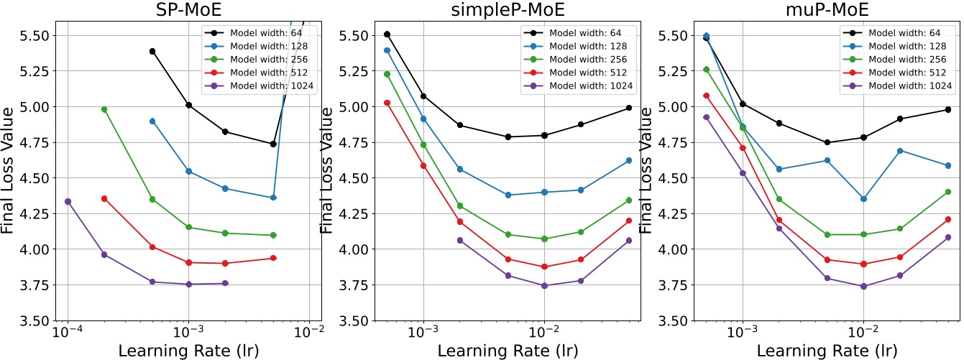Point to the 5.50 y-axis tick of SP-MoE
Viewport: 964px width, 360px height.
pyautogui.click(x=34, y=36)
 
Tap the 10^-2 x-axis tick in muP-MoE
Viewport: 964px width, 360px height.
pyautogui.click(x=863, y=333)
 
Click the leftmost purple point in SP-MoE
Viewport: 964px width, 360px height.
pyautogui.click(x=68, y=201)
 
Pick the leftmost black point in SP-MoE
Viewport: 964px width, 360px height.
pyautogui.click(x=152, y=52)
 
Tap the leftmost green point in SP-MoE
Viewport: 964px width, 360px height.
pyautogui.click(x=104, y=109)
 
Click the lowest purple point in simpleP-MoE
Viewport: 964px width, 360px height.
pyautogui.click(x=544, y=285)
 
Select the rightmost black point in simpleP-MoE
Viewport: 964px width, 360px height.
pyautogui.click(x=629, y=108)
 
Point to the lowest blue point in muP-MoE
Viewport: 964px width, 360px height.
pyautogui.click(x=863, y=199)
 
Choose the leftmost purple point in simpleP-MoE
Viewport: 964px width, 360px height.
pyautogui.click(x=459, y=240)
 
